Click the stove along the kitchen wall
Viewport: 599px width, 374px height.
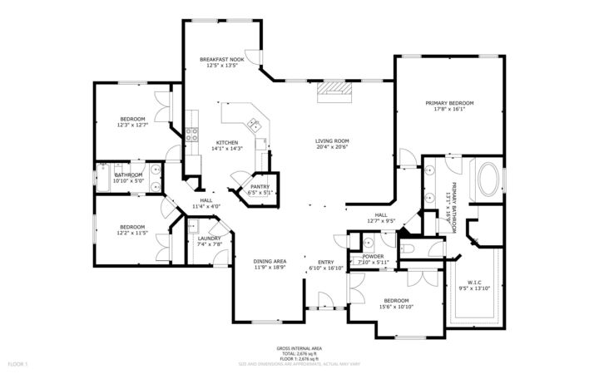pyautogui.click(x=192, y=133)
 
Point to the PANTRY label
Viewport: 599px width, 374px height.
pyautogui.click(x=260, y=186)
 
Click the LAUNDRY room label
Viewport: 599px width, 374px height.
pyautogui.click(x=209, y=238)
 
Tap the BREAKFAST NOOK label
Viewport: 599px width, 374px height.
pyautogui.click(x=221, y=60)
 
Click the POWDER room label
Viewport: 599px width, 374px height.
pyautogui.click(x=373, y=256)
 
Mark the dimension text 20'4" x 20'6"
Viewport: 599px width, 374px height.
pyautogui.click(x=331, y=147)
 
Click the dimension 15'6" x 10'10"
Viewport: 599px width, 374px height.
pyautogui.click(x=395, y=306)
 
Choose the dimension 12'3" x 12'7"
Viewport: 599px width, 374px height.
pyautogui.click(x=132, y=125)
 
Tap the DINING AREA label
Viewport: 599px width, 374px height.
pyautogui.click(x=270, y=261)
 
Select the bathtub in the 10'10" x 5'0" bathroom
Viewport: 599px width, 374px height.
pyautogui.click(x=103, y=175)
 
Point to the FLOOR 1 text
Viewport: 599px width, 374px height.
pyautogui.click(x=17, y=364)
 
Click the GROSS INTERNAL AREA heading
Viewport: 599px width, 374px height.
pyautogui.click(x=299, y=347)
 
